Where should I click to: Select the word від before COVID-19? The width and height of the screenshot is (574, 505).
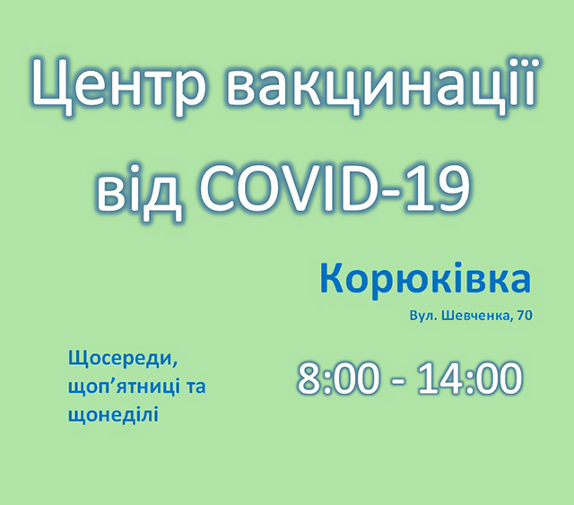click(140, 190)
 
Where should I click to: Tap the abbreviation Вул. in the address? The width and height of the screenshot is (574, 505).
click(422, 316)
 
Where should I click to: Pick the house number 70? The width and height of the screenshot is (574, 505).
click(525, 316)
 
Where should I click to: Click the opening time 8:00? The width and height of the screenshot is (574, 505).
click(337, 379)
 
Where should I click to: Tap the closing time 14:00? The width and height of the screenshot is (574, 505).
click(470, 379)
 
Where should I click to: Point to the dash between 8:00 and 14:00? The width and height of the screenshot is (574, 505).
click(398, 382)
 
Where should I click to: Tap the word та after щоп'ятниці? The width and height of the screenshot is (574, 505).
click(196, 387)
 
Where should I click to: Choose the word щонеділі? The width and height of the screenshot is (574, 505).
click(114, 415)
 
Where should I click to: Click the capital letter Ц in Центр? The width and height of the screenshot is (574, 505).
click(50, 88)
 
